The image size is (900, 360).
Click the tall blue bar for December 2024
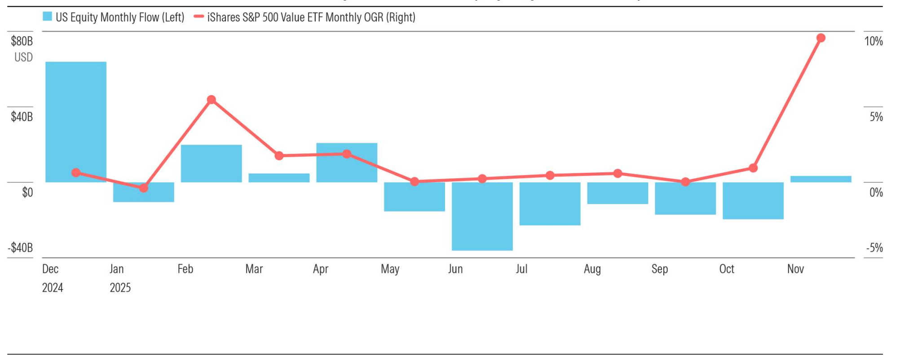[75, 121]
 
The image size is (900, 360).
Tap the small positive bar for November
[821, 179]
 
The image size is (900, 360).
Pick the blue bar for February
[211, 163]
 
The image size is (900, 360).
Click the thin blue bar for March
[279, 178]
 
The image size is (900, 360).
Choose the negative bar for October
[753, 201]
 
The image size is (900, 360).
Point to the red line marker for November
[821, 38]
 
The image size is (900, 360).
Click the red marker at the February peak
[211, 100]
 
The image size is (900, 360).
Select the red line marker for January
[143, 188]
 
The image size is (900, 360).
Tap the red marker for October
[753, 168]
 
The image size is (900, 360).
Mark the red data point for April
[347, 154]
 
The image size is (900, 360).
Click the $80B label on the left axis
[22, 41]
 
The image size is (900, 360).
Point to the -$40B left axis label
[20, 248]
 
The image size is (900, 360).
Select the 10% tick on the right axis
[874, 41]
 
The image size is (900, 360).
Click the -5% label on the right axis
[874, 248]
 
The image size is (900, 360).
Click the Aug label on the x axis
[592, 269]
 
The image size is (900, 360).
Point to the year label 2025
[120, 288]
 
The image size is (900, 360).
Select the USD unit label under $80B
[23, 57]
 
